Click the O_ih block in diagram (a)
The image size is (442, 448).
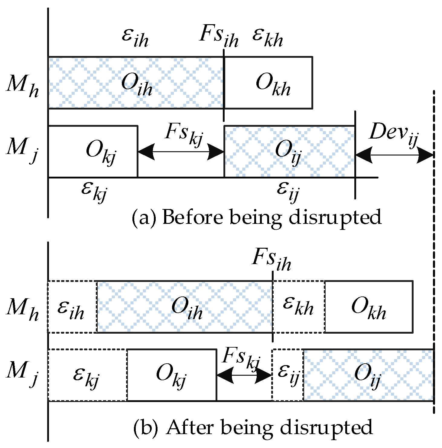coord(136,82)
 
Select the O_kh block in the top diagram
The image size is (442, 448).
coord(268,82)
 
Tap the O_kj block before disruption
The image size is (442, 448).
coord(93,151)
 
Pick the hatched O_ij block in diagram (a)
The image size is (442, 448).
coord(289,151)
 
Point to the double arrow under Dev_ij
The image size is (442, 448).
coord(394,155)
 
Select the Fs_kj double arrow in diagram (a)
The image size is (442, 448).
coord(181,152)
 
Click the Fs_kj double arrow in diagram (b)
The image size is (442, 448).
coord(244,375)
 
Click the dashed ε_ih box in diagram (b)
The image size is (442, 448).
coord(72,307)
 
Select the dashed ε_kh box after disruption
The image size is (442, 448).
coord(299,307)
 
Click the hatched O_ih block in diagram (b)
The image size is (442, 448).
coord(185,307)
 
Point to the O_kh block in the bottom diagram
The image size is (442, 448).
coord(369,307)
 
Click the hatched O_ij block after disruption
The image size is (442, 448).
coord(368,375)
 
